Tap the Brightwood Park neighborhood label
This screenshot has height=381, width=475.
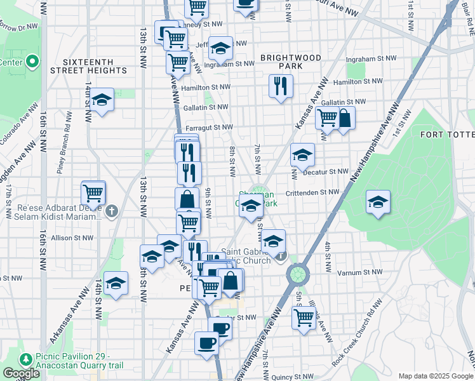click(x=290, y=62)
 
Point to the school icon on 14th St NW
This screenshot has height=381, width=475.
click(x=102, y=100)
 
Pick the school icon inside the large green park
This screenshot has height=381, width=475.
click(x=378, y=202)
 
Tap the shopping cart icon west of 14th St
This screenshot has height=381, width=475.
click(x=93, y=192)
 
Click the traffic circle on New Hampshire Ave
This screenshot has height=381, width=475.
click(x=297, y=274)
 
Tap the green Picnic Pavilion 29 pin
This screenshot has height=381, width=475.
click(x=26, y=359)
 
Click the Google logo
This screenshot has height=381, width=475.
click(x=21, y=373)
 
